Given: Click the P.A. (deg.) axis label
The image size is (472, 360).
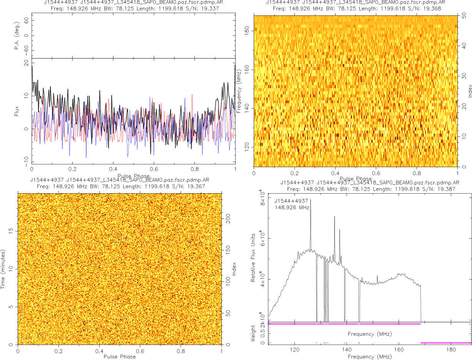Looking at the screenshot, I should tap(17, 36).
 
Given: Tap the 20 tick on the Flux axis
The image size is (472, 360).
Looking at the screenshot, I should tap(26, 64).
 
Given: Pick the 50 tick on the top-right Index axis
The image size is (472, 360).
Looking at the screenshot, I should tap(464, 16).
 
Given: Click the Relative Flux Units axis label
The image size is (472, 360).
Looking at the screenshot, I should tap(253, 257).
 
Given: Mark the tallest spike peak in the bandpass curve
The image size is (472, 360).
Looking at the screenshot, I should tap(311, 200).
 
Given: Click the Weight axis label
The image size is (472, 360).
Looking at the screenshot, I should tap(253, 333).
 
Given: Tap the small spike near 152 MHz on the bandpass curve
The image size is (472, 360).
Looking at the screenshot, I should tap(377, 276).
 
